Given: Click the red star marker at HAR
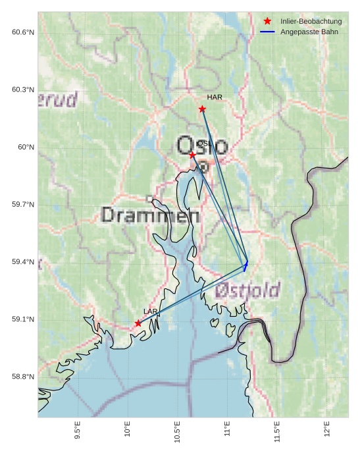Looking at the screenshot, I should tap(202, 109).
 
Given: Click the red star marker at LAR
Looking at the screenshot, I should tap(138, 323).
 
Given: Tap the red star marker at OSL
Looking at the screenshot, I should tap(192, 155).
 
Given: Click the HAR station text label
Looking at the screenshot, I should tap(215, 97).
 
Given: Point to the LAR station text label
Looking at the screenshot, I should tap(150, 311).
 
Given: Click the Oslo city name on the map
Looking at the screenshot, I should tap(202, 145).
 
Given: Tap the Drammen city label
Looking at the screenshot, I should tap(151, 215).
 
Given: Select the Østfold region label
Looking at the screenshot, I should tap(247, 290).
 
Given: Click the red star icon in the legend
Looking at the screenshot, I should tap(267, 22).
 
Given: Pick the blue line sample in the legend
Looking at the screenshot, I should tap(267, 32).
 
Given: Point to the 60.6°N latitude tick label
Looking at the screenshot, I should tap(23, 32).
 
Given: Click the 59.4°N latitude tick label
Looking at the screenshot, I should tap(23, 262).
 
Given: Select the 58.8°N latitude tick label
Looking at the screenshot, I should tap(23, 377).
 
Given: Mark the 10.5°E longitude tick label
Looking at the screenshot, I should tap(178, 431).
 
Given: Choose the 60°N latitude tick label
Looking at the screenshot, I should tap(26, 147).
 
